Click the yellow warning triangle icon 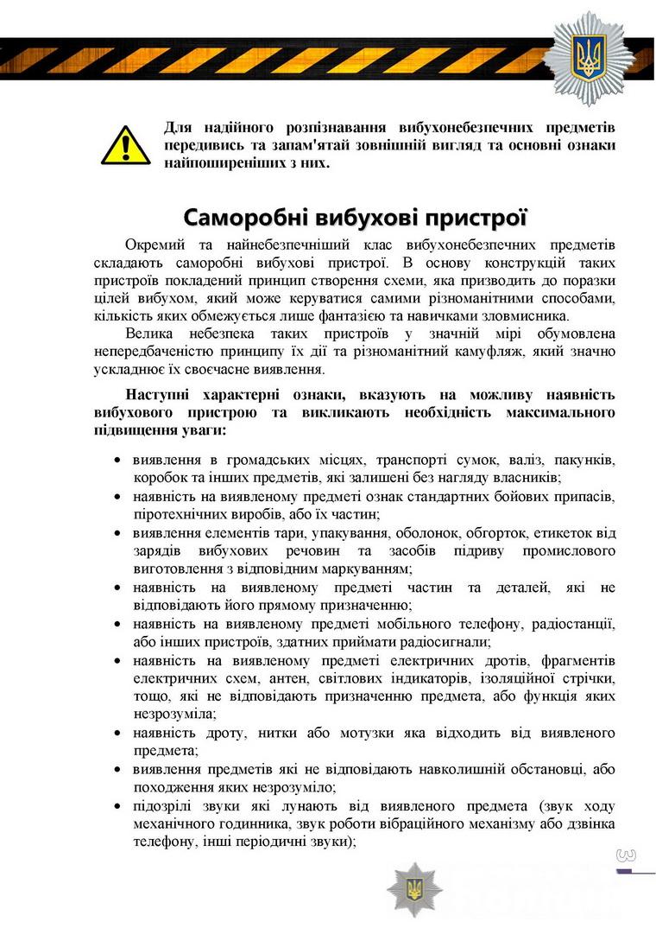pyautogui.click(x=126, y=145)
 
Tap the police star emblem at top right pyautogui.click(x=590, y=58)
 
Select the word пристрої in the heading pyautogui.click(x=478, y=215)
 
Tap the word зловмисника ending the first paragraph pyautogui.click(x=526, y=315)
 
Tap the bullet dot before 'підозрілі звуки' pyautogui.click(x=118, y=806)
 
